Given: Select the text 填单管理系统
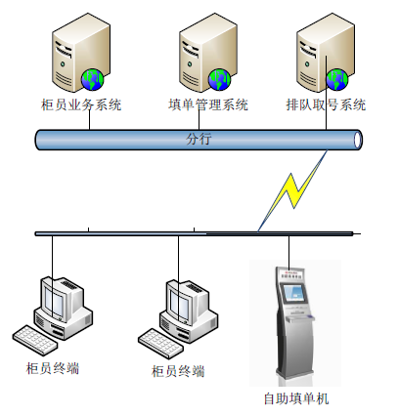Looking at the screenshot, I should pos(208,105).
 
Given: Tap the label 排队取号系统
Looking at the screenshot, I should pos(326,105).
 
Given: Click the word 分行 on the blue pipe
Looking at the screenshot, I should pos(199,140).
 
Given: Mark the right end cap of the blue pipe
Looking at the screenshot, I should pos(358,140).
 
